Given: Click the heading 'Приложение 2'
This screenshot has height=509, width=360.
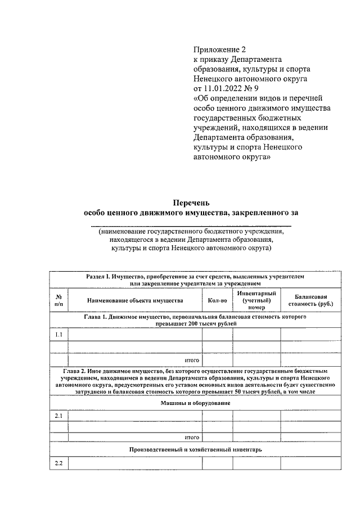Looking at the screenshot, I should tap(220, 50).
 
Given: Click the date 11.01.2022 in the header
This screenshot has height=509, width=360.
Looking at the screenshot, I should tap(225, 89).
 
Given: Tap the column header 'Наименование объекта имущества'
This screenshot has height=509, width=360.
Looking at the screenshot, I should tap(135, 300).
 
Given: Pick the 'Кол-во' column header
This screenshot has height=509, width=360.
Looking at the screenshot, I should tap(217, 300).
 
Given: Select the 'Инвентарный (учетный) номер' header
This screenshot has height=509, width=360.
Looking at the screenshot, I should tap(256, 300).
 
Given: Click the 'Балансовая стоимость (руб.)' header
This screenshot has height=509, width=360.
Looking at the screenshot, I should tap(310, 300).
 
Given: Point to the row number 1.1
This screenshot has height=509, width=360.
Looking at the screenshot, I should tap(58, 335).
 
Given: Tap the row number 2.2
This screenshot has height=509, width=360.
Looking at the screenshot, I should tap(58, 463).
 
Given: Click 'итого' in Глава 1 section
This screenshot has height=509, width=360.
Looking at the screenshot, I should tap(192, 359).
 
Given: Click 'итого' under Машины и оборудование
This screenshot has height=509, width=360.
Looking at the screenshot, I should tap(192, 436).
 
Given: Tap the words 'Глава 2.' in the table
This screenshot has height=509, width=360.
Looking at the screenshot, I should tap(78, 371).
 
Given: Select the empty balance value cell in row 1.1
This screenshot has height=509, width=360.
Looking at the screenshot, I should tap(310, 335).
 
